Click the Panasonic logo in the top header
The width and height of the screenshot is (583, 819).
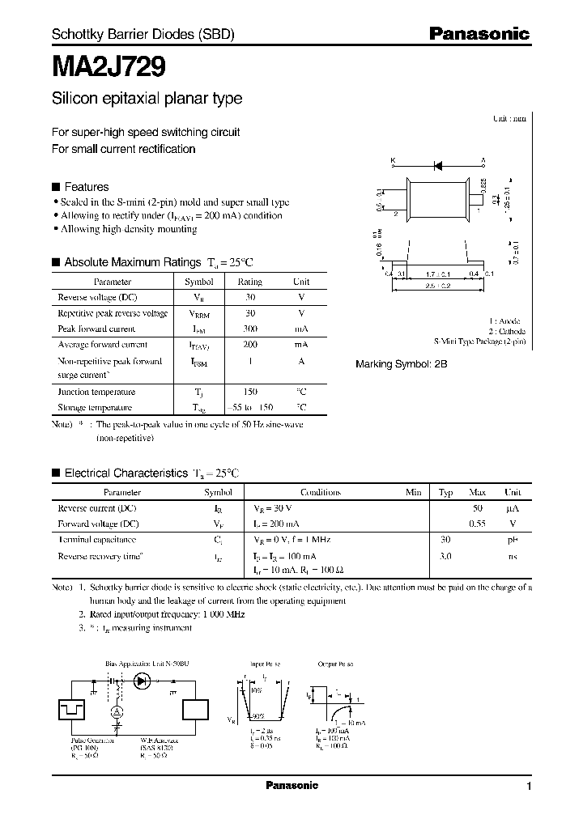[x=479, y=34]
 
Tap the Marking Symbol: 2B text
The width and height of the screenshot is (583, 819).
[x=401, y=364]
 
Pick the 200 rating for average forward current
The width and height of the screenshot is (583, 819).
[x=249, y=344]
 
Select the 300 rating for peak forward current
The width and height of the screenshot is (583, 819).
[x=249, y=329]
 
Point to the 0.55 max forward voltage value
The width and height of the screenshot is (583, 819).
[x=478, y=523]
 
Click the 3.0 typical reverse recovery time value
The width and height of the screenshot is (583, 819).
[x=445, y=556]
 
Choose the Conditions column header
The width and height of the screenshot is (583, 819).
[x=321, y=492]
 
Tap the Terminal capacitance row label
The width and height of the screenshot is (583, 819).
[x=96, y=539]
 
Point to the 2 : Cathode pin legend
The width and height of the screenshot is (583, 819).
[x=506, y=332]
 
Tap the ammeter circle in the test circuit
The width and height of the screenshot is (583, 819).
[x=116, y=711]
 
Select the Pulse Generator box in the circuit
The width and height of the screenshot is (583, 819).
[x=70, y=710]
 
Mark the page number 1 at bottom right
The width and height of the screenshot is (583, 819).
[x=529, y=786]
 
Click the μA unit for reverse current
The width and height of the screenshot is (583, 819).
[x=513, y=508]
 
